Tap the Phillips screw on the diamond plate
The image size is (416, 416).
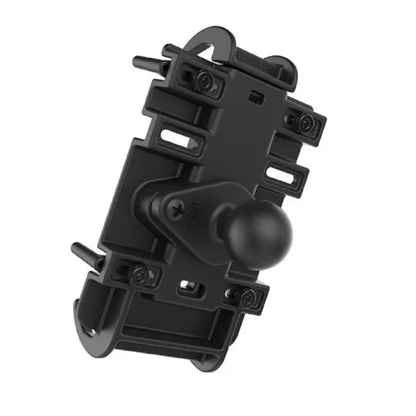pos(176,209)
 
